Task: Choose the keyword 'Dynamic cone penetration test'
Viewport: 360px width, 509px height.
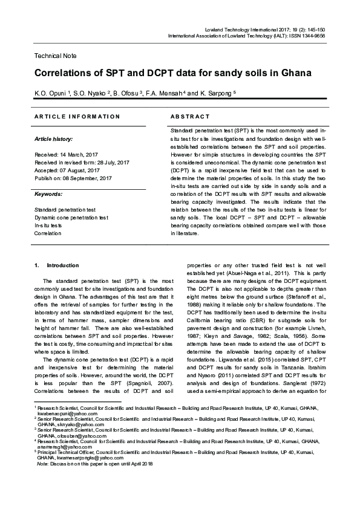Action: [71, 217]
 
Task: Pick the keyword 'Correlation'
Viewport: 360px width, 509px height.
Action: [48, 233]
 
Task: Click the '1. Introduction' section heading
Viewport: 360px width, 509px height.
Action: [57, 265]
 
